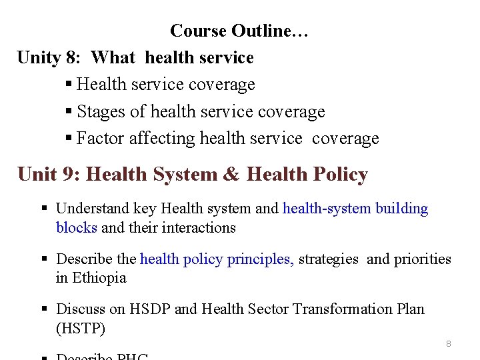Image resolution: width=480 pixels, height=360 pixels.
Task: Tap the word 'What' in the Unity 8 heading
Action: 113,58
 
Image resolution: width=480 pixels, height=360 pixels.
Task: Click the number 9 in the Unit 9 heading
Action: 74,175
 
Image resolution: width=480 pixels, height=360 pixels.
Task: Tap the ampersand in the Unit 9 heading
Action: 231,175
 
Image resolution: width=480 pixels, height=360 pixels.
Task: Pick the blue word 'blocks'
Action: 77,228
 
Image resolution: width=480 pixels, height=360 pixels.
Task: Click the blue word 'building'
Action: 402,209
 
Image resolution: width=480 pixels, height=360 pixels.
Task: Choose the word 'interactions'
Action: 199,228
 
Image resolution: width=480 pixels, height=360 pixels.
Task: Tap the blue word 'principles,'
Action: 261,259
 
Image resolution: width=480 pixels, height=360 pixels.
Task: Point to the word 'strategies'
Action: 328,259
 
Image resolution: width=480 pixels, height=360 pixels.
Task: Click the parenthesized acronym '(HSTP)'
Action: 81,329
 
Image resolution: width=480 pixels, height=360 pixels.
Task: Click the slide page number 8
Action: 449,344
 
